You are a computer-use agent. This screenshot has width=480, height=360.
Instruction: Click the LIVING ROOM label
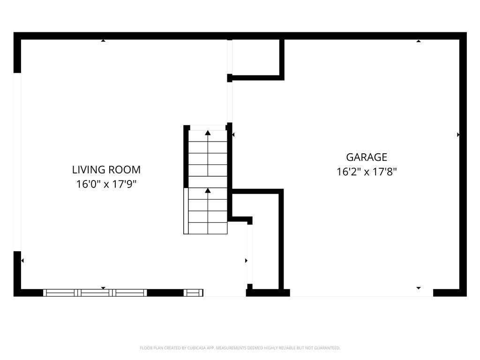(106, 170)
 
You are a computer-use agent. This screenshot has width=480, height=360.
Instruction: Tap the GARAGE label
(367, 157)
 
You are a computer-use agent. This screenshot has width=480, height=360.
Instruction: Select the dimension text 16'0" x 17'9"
(106, 184)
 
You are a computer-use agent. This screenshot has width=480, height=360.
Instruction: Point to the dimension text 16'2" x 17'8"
(367, 172)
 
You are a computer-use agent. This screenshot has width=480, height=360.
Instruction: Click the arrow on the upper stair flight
(208, 133)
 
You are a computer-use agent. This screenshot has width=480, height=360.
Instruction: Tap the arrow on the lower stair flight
(208, 190)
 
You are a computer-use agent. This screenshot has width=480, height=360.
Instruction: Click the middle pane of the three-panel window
(95, 293)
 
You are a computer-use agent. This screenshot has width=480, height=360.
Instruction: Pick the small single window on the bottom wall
(193, 293)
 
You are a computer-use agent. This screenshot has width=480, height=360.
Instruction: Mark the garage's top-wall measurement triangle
(419, 41)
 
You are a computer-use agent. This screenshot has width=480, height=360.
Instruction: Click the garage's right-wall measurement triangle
(458, 135)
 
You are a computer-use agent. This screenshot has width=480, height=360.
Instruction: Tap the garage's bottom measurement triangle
(419, 288)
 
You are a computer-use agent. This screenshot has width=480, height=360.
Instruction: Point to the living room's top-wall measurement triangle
(103, 41)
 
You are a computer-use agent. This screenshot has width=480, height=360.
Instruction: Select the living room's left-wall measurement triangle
(22, 260)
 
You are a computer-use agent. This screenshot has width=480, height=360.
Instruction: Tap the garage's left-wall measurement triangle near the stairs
(233, 135)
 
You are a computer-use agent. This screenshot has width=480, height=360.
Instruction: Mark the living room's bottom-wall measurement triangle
(103, 288)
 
